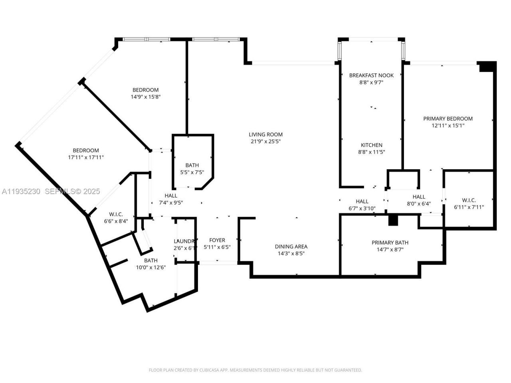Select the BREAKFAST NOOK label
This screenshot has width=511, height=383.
[371, 75]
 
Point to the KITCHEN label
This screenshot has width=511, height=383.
[371, 145]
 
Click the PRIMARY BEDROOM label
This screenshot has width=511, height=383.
[448, 118]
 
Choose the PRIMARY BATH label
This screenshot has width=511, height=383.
[390, 243]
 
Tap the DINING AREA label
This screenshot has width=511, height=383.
[291, 247]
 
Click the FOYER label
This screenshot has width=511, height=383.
[217, 240]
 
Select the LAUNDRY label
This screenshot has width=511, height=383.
[184, 241]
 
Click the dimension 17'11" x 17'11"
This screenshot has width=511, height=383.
[86, 157]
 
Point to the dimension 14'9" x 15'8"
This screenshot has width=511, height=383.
[146, 97]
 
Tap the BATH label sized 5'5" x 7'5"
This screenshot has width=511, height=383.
[192, 166]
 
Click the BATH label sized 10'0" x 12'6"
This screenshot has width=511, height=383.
[151, 261]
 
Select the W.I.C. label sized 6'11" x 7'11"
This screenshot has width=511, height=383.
[469, 200]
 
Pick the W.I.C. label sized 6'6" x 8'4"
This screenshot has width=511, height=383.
[116, 215]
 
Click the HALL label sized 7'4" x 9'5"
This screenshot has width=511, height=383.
[171, 195]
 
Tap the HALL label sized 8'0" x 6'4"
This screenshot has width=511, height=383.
[419, 197]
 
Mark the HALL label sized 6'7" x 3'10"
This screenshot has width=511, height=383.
[362, 201]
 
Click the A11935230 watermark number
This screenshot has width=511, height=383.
[21, 191]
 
